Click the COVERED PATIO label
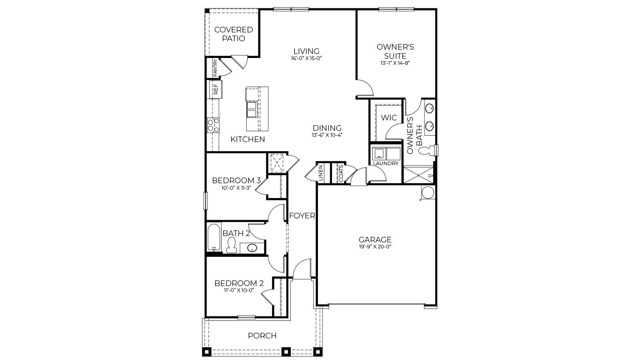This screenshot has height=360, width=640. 234,34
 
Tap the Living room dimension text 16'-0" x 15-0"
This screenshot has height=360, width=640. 306,58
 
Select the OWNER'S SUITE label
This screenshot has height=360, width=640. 395,52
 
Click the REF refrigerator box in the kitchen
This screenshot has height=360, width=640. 216,89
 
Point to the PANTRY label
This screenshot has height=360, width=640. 215,68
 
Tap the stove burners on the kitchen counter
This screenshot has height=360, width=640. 213,125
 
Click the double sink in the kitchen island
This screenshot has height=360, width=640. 252,110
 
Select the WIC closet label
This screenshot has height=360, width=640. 389,118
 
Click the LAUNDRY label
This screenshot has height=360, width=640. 386,164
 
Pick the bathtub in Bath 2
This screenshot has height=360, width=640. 214,237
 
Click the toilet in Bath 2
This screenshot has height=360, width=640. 231,245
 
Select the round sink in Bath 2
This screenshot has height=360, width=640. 252,248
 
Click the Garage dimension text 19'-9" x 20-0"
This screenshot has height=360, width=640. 375,246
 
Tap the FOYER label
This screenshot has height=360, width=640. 302,216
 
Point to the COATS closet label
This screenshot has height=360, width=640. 341,173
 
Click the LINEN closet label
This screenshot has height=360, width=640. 320,173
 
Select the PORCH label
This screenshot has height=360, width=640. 262,336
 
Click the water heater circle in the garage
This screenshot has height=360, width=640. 428,192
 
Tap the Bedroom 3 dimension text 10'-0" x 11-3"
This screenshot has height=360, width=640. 236,188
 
